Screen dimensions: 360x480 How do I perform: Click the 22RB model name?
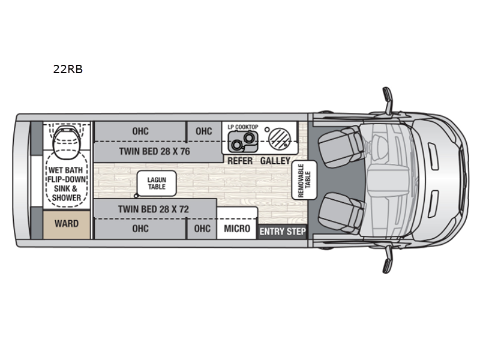[68, 69]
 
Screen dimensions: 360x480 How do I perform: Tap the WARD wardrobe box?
[66, 224]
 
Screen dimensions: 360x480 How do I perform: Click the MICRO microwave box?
[236, 229]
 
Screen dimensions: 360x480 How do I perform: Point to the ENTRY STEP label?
[282, 232]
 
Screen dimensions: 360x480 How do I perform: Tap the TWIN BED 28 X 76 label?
[154, 151]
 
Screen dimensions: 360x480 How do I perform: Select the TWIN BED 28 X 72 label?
[154, 209]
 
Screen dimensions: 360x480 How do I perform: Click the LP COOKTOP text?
[243, 127]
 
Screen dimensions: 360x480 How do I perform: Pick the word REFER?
[240, 161]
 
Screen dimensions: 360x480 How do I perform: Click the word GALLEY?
[275, 161]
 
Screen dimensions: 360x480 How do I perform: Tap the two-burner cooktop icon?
[242, 143]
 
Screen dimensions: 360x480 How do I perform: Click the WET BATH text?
[66, 170]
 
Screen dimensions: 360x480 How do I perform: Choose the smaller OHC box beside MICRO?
[203, 229]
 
